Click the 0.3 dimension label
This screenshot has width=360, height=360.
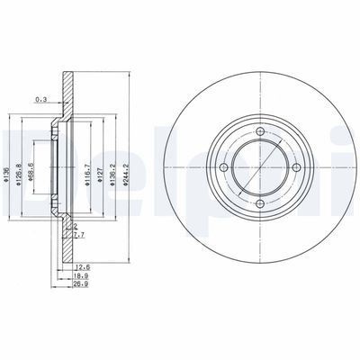point(39,99)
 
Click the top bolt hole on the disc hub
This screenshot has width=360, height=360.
point(258,132)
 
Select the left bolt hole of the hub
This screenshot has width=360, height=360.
point(223,167)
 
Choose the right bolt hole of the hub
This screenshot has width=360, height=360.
point(293,167)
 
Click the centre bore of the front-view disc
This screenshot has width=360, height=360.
point(258,167)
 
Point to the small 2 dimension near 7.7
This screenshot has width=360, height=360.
point(76,225)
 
